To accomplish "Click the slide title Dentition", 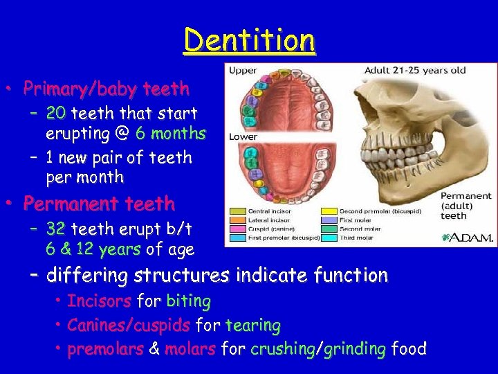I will (249, 40).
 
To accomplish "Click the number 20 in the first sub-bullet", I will (57, 113).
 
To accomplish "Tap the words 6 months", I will (171, 133).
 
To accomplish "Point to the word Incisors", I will (99, 301).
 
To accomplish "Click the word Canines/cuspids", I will (129, 325).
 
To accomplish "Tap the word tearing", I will (253, 325).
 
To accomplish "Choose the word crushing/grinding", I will (317, 349).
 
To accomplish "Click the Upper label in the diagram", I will (243, 70).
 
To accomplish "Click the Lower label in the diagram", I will (243, 137).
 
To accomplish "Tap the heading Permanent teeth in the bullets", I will (99, 204).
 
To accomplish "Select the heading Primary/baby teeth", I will (106, 89).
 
